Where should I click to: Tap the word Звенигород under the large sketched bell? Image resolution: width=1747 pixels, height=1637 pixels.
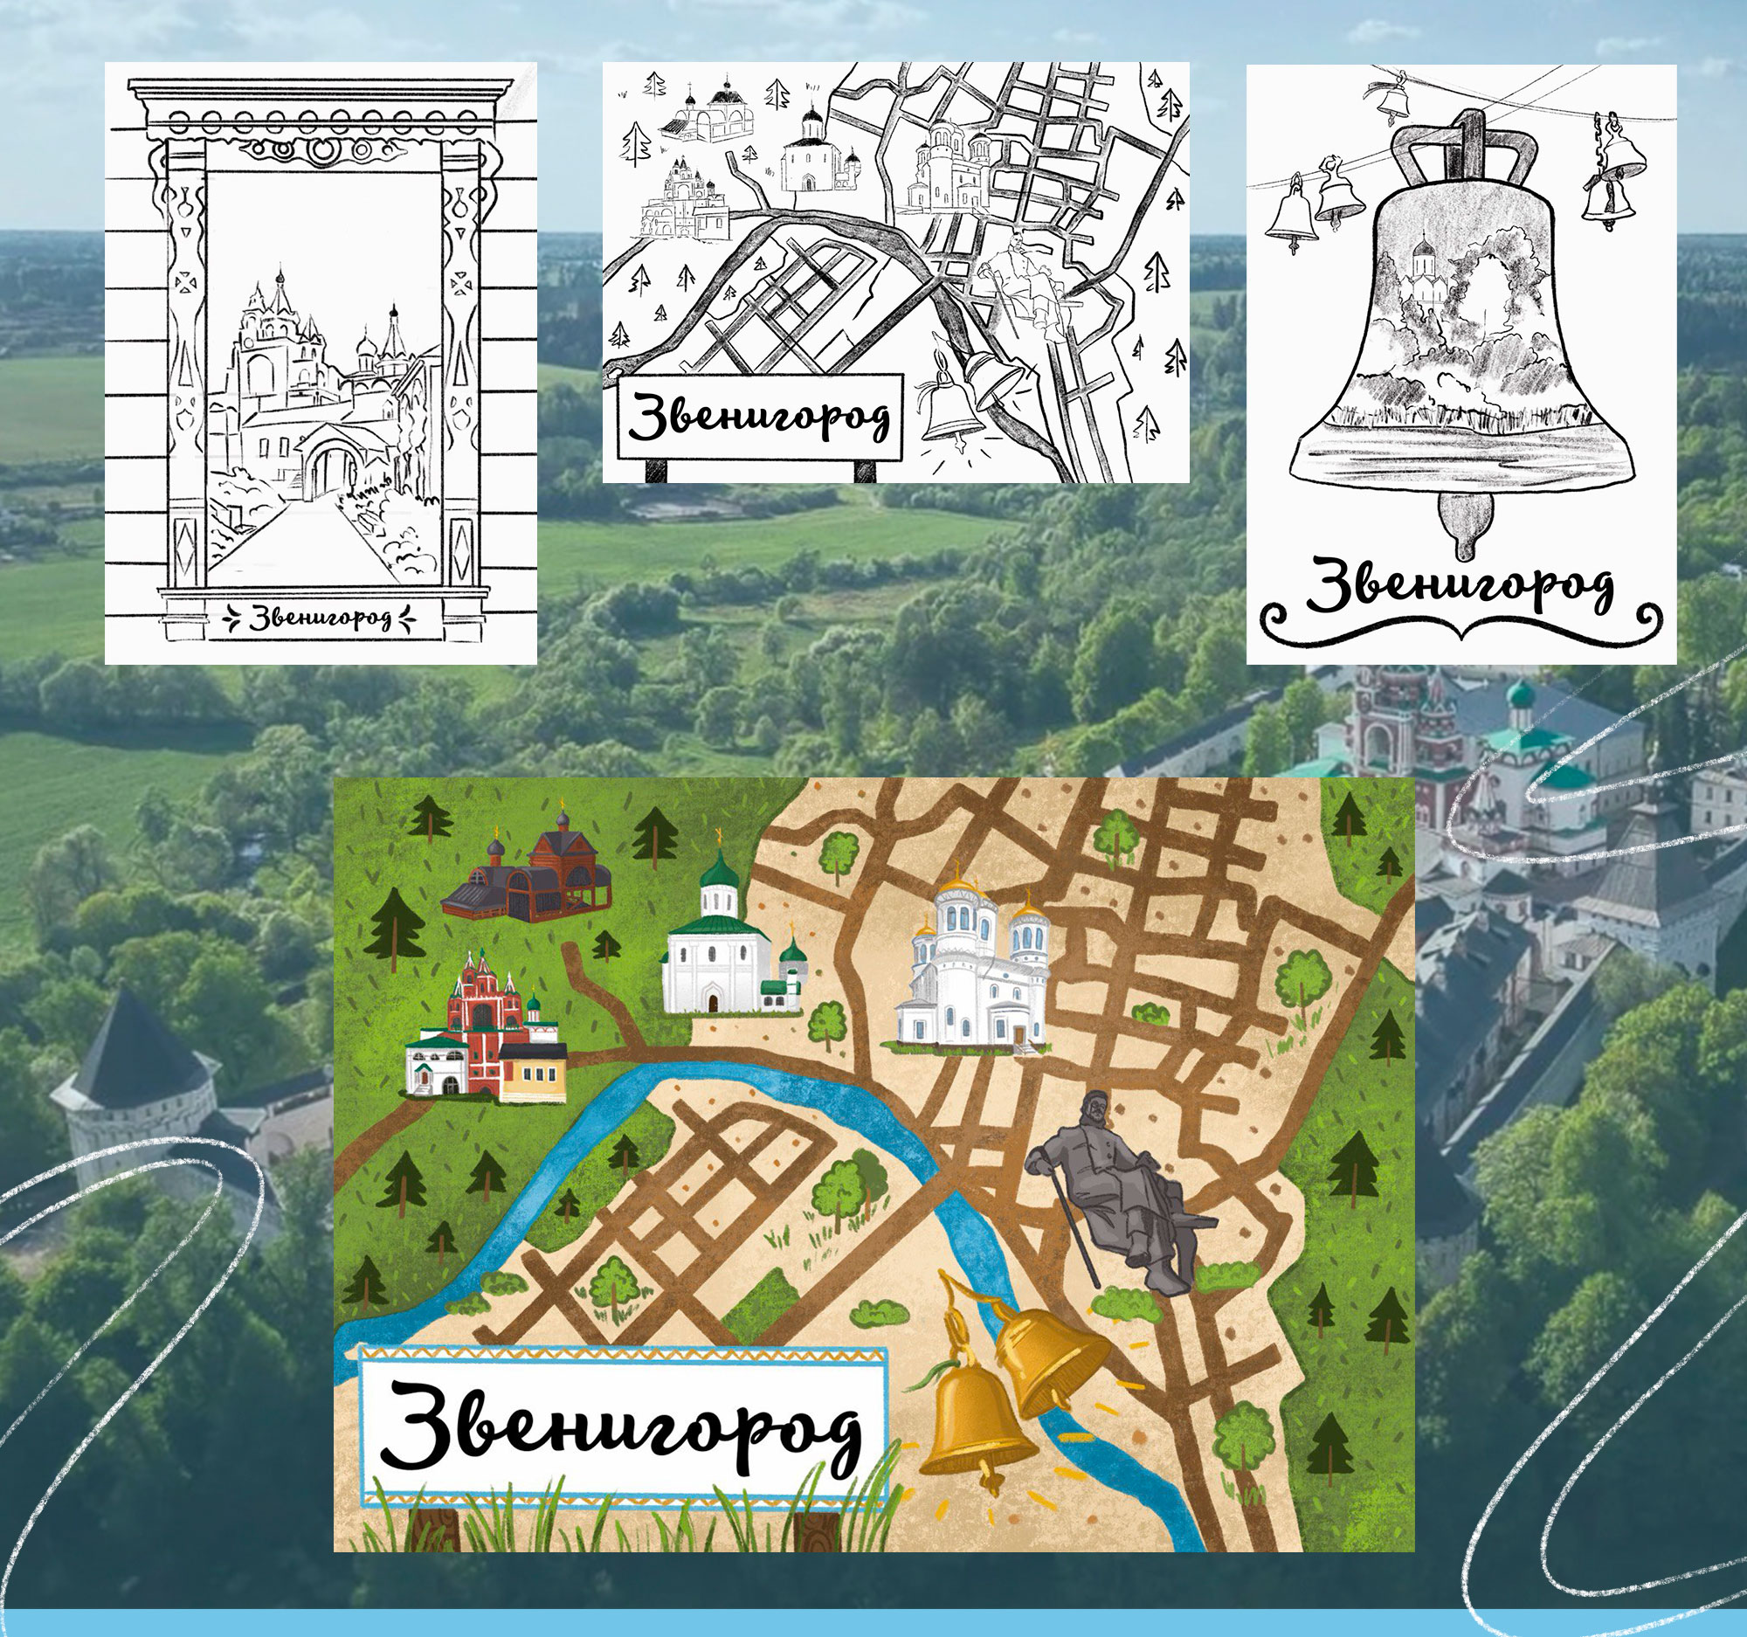(x=1459, y=584)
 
